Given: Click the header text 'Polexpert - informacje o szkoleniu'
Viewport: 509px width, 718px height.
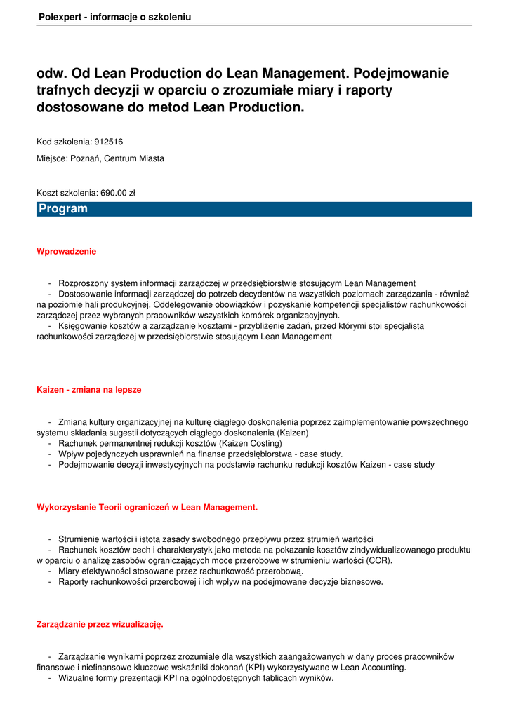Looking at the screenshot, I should click(114, 16).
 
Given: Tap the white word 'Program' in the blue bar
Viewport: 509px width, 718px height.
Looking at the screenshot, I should click(63, 209).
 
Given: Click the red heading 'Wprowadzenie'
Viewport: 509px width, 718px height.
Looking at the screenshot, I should click(66, 251).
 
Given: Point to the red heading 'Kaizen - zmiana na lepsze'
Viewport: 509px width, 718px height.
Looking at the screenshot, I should click(88, 389).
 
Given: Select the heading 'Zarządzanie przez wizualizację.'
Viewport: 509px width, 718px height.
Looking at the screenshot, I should click(100, 623).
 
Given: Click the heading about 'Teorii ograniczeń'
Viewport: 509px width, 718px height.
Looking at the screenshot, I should click(147, 506).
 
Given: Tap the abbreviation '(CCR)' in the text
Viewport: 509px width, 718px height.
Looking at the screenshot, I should click(379, 560).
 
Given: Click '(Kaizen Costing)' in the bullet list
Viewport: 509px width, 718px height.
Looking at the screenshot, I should click(250, 443).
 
